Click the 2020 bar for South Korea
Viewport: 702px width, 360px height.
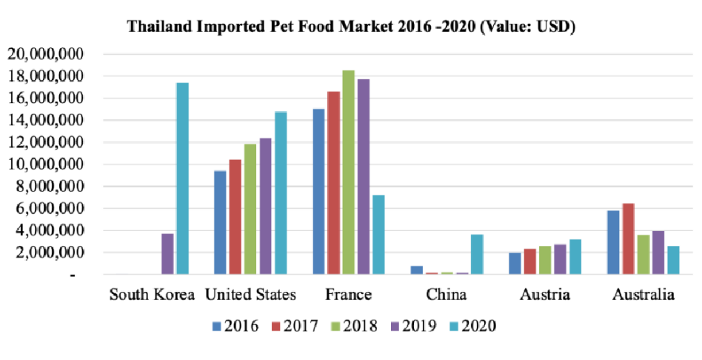(182, 179)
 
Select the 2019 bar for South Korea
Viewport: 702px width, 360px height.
(167, 254)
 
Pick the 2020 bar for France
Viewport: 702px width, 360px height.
(378, 235)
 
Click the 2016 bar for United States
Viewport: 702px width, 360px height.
(220, 222)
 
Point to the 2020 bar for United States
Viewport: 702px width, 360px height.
(280, 193)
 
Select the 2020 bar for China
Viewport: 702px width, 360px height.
(477, 254)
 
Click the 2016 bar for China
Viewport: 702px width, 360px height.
(417, 270)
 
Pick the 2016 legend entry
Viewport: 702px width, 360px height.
(235, 326)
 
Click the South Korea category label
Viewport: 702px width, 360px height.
(153, 295)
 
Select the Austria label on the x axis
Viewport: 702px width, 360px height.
(545, 295)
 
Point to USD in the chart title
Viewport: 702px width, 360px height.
(549, 27)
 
